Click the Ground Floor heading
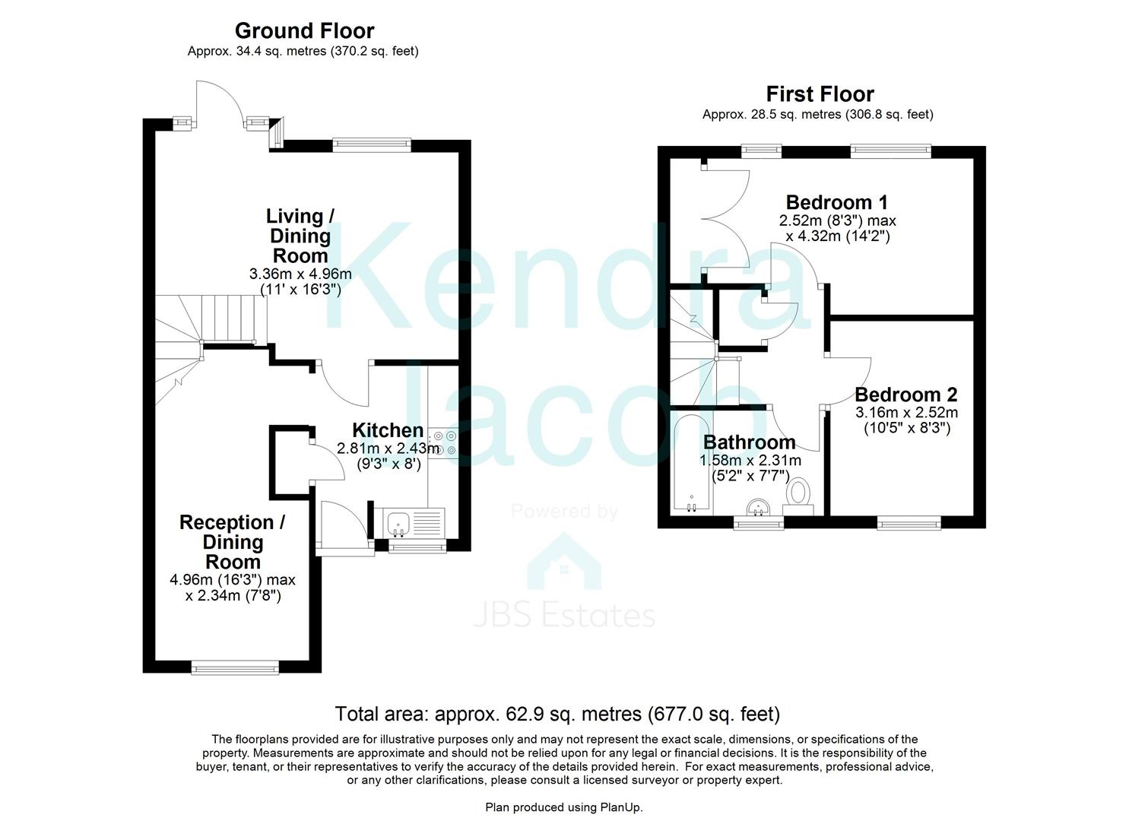(x=304, y=31)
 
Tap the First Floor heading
(x=820, y=94)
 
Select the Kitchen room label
(x=387, y=430)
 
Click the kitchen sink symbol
(x=399, y=523)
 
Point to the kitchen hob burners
(x=444, y=442)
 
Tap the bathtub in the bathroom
(x=691, y=464)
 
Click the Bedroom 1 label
(x=836, y=202)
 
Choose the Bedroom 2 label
(x=905, y=395)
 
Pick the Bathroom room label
(x=749, y=442)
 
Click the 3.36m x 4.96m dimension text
(x=300, y=274)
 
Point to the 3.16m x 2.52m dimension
(x=906, y=413)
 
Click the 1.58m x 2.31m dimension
(x=750, y=461)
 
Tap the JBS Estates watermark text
(x=564, y=614)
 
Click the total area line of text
(x=557, y=714)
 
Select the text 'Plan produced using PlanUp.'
(x=564, y=807)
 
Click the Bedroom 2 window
(x=909, y=522)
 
